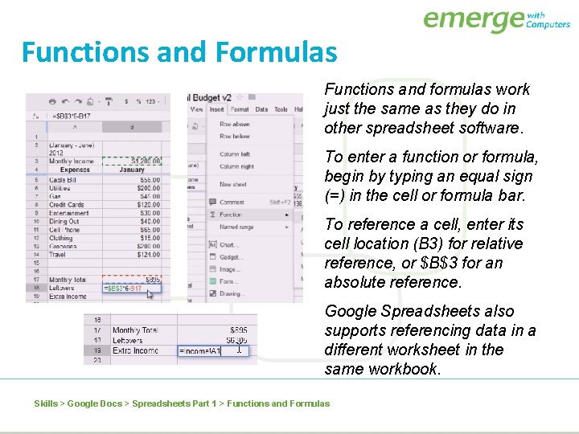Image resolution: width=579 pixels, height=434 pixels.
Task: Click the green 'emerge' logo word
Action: point(473,19)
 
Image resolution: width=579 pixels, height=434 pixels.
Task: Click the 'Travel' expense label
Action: point(59,255)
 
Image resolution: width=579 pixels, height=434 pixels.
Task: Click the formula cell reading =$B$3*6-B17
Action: point(122,289)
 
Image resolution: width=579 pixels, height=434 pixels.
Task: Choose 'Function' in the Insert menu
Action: point(231,215)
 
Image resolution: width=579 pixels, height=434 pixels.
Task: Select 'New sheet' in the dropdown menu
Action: point(232,184)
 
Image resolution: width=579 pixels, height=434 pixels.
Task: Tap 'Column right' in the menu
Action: point(236,166)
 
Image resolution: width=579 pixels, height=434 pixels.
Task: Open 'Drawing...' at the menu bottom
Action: point(232,293)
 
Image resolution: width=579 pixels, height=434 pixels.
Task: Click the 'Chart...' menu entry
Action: point(230,245)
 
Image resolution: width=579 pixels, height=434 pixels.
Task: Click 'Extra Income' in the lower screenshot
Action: point(135,350)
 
